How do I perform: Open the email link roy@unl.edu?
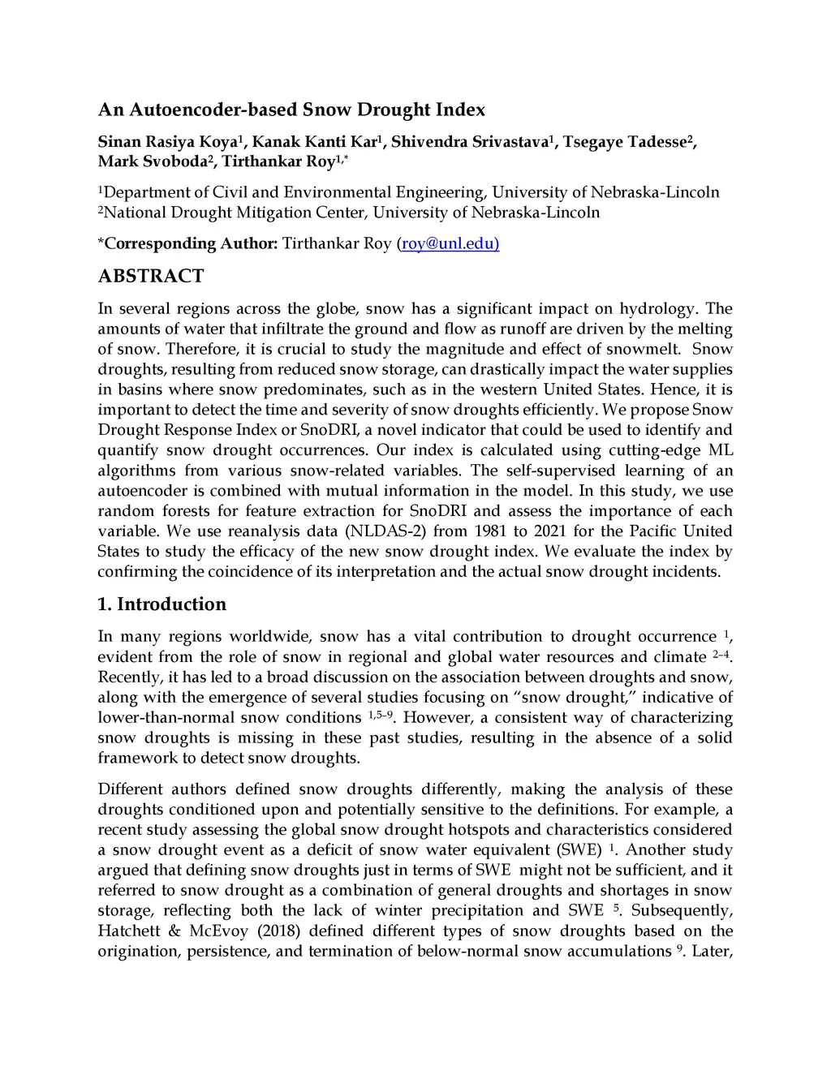(450, 243)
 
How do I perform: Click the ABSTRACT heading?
(151, 276)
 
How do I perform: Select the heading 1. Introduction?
(162, 604)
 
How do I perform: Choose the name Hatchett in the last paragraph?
(128, 931)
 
